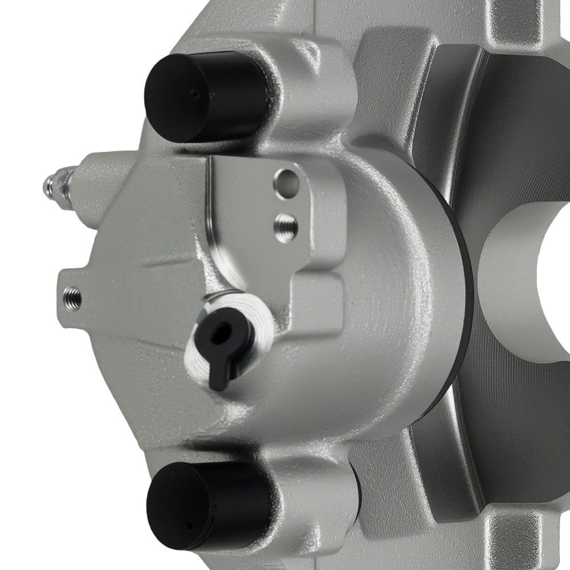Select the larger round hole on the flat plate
click(x=286, y=182)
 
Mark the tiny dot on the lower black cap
click(x=190, y=525)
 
